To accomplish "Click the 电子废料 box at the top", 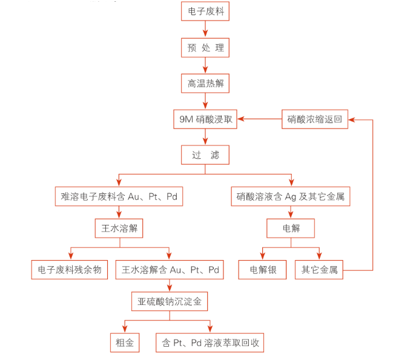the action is [205, 11].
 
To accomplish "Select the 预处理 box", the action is [205, 48].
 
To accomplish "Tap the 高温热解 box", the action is [205, 84].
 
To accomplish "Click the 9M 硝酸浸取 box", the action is [205, 119].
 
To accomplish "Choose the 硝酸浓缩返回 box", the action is [315, 119].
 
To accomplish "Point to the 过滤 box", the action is [205, 155].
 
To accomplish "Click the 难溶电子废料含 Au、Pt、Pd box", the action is [119, 196].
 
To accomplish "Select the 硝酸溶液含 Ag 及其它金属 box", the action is [291, 196].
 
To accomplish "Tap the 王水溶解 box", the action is [119, 228].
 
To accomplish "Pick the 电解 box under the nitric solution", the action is [291, 228].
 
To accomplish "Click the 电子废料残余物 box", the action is [70, 270].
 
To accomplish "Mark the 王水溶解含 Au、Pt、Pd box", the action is [170, 270].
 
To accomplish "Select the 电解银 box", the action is [262, 270].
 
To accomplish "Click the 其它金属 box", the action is [319, 270].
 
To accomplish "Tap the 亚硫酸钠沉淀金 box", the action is [170, 301].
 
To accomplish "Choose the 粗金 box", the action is [125, 343].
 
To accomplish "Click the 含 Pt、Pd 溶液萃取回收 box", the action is [210, 343].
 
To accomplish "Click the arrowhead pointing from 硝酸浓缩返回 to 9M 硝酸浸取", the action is [241, 119].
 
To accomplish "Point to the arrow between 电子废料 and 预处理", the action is [205, 28].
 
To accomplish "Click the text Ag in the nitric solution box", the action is [291, 197].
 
